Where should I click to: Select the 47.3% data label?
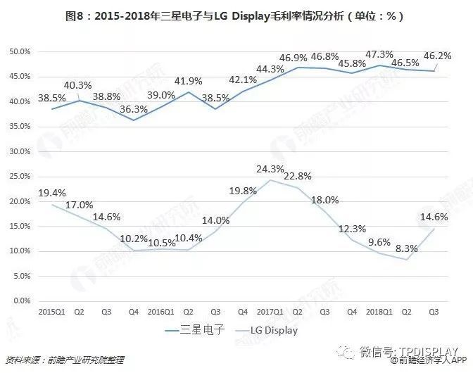[x=380, y=54]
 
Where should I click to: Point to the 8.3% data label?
[x=408, y=248]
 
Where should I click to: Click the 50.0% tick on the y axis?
[x=19, y=52]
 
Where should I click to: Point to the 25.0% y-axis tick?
[x=19, y=177]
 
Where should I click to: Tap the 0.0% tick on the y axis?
[x=21, y=301]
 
